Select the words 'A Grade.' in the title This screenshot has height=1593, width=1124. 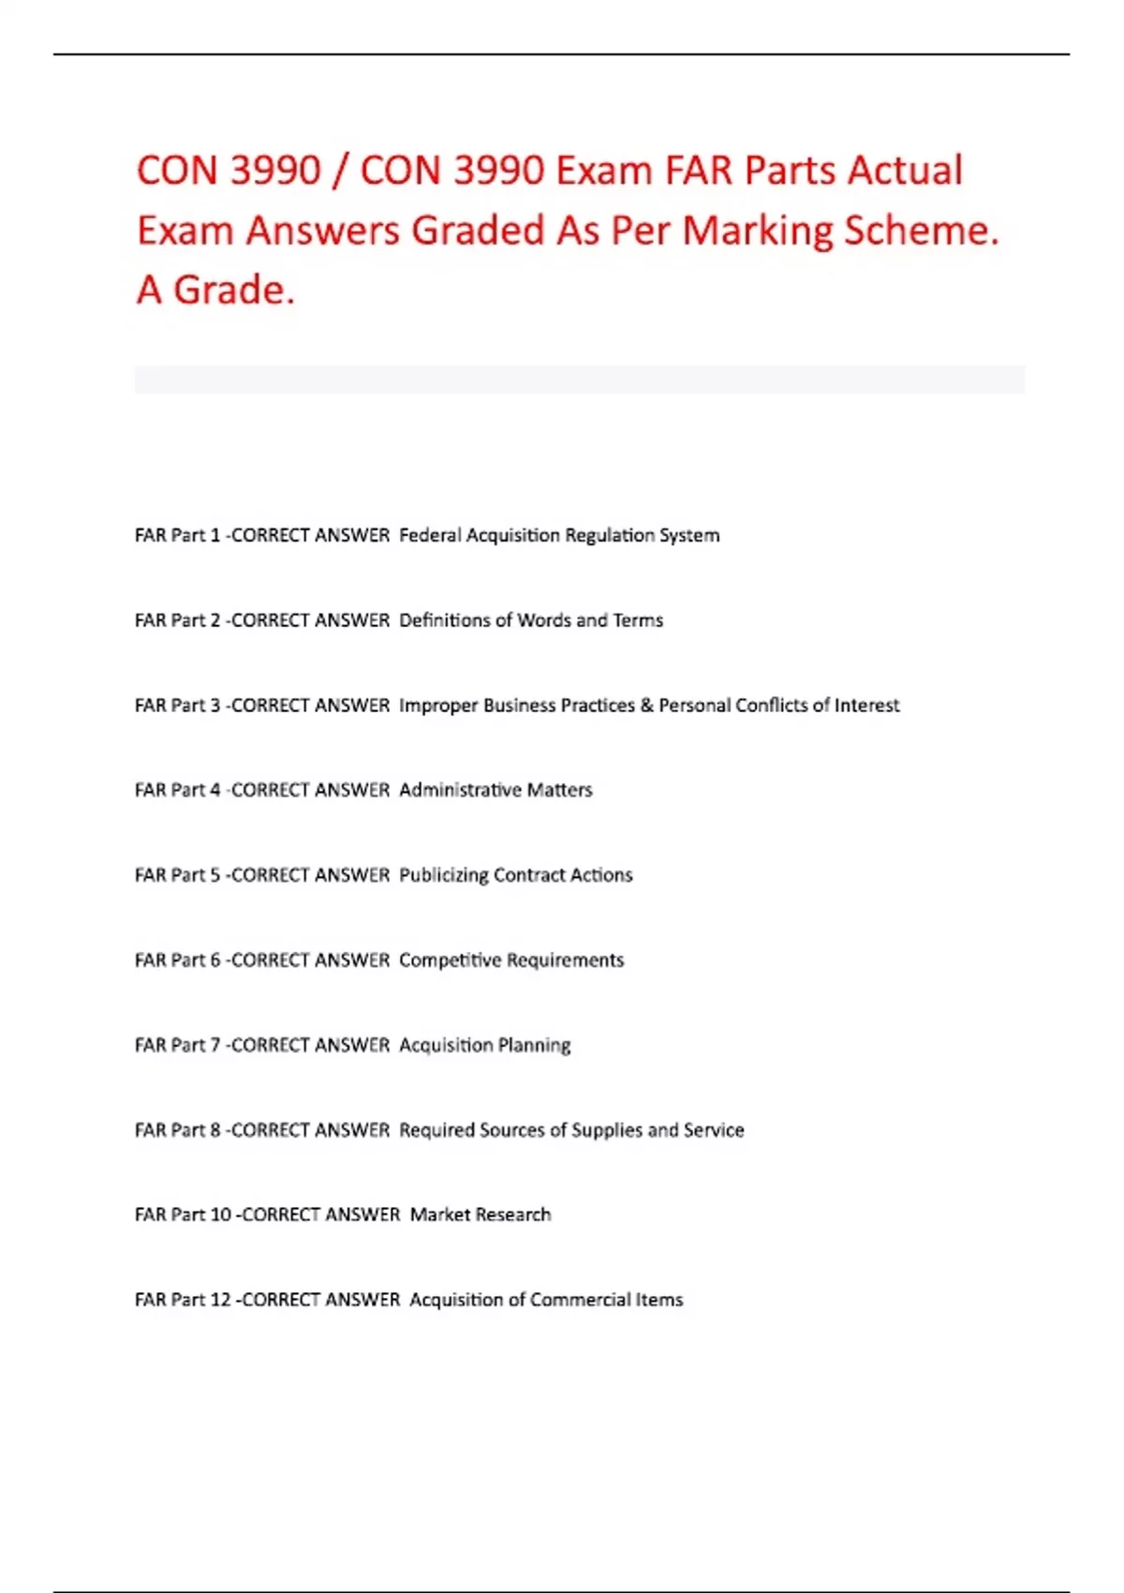(x=215, y=290)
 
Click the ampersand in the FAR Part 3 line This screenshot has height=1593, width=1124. (x=646, y=706)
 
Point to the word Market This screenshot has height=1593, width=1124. (x=439, y=1214)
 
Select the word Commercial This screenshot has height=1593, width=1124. (x=580, y=1300)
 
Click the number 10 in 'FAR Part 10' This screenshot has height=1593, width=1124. (x=221, y=1214)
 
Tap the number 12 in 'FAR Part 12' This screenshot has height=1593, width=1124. (x=221, y=1300)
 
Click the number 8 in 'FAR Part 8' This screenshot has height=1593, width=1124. (x=215, y=1130)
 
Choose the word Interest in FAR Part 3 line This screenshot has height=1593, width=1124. (x=866, y=706)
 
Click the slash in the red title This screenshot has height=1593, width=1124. (x=340, y=171)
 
